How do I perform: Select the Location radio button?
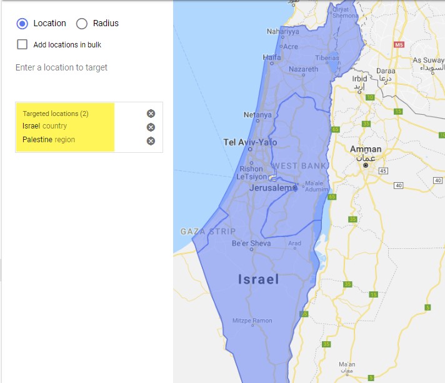point(22,24)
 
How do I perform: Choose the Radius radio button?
point(81,24)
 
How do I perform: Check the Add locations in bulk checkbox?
point(22,44)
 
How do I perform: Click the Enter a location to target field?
point(61,67)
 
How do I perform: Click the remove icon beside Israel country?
point(151,127)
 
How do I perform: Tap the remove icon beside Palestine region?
point(151,140)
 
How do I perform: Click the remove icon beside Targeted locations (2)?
point(151,114)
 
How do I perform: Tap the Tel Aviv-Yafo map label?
point(250,142)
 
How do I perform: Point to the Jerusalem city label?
point(271,188)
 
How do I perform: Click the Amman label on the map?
point(366,150)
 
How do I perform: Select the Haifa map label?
point(272,57)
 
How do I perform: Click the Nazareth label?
point(304,69)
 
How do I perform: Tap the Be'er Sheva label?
point(251,243)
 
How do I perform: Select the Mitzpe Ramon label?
point(253,321)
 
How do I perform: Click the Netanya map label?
point(257,115)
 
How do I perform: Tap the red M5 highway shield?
point(399,45)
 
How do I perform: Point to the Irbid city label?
point(359,79)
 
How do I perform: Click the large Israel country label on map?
point(258,279)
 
